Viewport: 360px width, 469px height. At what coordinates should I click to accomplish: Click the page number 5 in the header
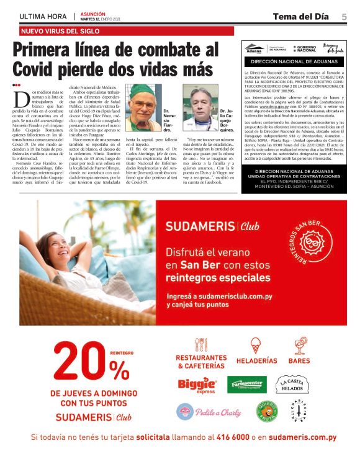[x=343, y=17]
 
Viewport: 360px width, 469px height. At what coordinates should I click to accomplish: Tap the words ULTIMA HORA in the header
[x=42, y=16]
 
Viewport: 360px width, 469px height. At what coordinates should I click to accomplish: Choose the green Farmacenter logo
[x=246, y=384]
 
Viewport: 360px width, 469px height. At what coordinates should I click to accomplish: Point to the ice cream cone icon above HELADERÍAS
[x=256, y=346]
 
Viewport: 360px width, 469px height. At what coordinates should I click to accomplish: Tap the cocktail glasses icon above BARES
[x=299, y=346]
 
